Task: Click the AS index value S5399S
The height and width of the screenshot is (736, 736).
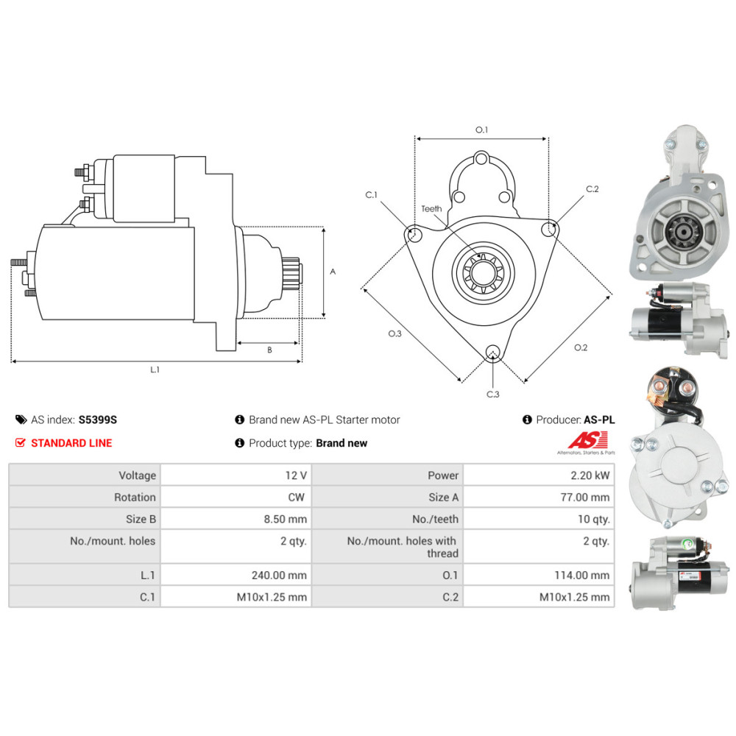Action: click(x=98, y=420)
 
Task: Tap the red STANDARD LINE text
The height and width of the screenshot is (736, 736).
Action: click(x=71, y=443)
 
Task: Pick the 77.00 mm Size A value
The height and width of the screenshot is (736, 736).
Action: click(x=585, y=497)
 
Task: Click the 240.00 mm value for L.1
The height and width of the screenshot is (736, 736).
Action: click(x=279, y=575)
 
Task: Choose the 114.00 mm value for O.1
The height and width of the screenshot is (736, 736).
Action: click(x=582, y=575)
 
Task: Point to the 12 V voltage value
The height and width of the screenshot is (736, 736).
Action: click(x=296, y=475)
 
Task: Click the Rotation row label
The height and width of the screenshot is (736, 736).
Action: click(x=135, y=497)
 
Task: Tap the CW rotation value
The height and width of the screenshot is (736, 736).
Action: click(x=296, y=497)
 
